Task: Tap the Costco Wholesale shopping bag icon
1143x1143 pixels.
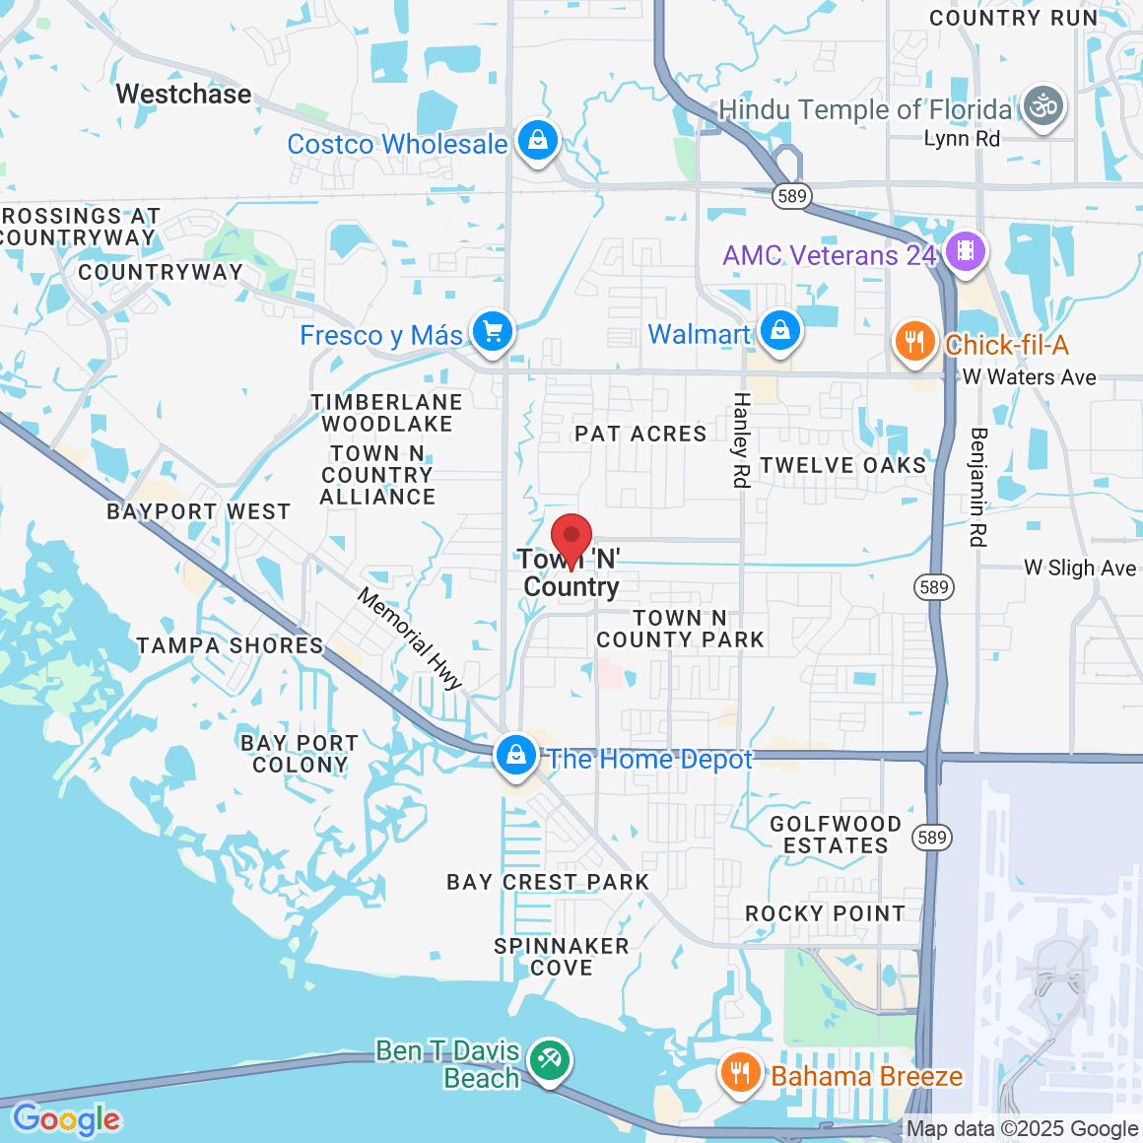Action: [x=538, y=142]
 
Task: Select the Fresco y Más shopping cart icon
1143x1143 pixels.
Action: [x=493, y=332]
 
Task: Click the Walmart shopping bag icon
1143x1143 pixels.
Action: [x=780, y=332]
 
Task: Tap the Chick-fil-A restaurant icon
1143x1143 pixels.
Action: [x=914, y=343]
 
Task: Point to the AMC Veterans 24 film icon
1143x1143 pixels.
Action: [x=966, y=252]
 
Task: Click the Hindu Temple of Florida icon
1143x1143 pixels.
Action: [x=1042, y=106]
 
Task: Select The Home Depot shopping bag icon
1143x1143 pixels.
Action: [x=515, y=757]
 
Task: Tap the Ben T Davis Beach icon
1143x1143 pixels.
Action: [x=548, y=1061]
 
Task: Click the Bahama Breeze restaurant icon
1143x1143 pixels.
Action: [x=739, y=1074]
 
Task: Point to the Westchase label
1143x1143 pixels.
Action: [x=183, y=95]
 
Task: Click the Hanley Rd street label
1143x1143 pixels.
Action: [x=741, y=439]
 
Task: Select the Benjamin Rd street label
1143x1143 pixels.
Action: [x=977, y=487]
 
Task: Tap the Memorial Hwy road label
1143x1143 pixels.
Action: [x=410, y=639]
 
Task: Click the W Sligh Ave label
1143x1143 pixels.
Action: [x=1080, y=569]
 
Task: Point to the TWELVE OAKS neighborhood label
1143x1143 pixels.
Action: [x=843, y=465]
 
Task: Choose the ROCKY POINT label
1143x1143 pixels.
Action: [x=825, y=914]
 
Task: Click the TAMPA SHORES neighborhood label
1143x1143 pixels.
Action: [x=230, y=646]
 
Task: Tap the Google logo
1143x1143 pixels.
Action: [x=67, y=1120]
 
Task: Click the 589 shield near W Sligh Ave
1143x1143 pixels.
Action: [x=933, y=588]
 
